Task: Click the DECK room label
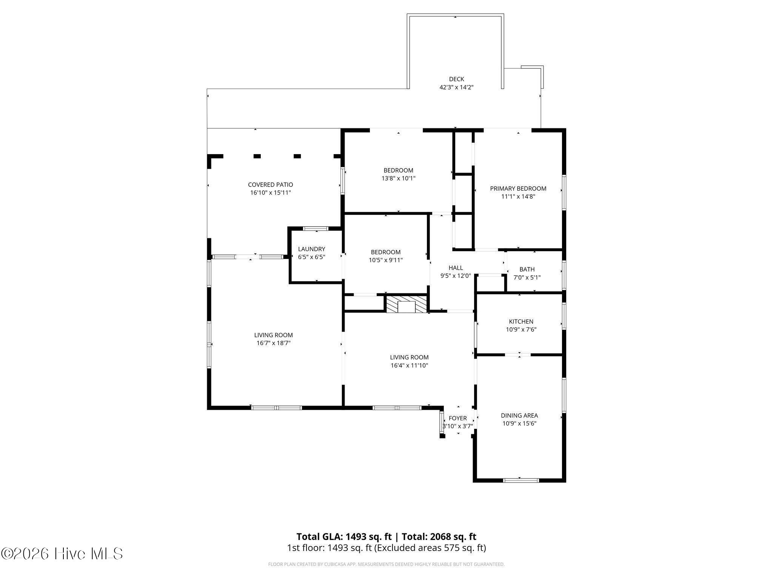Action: pyautogui.click(x=456, y=79)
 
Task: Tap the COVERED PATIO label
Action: pyautogui.click(x=270, y=185)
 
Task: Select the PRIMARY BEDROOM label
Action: pyautogui.click(x=518, y=188)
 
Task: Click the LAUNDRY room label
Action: pyautogui.click(x=311, y=249)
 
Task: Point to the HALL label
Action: pyautogui.click(x=456, y=268)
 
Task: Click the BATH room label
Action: pyautogui.click(x=527, y=270)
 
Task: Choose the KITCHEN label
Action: pyautogui.click(x=521, y=322)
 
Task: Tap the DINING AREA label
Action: pyautogui.click(x=519, y=416)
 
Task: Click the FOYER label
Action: pyautogui.click(x=457, y=418)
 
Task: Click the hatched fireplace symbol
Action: pyautogui.click(x=406, y=304)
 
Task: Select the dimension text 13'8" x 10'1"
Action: pyautogui.click(x=398, y=178)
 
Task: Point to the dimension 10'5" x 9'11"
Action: pyautogui.click(x=386, y=260)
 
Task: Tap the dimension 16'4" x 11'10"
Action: pyautogui.click(x=409, y=366)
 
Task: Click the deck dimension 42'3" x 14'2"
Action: pyautogui.click(x=456, y=87)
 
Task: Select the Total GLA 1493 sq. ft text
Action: pyautogui.click(x=344, y=537)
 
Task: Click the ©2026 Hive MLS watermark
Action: pyautogui.click(x=62, y=554)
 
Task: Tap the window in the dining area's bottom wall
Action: pyautogui.click(x=520, y=480)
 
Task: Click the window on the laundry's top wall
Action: pyautogui.click(x=316, y=228)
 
